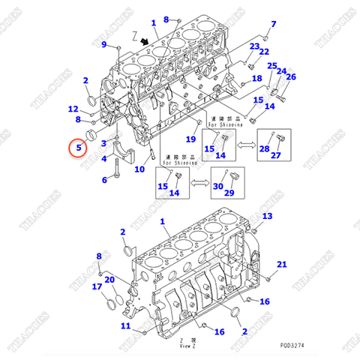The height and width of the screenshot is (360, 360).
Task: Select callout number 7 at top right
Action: point(273,23)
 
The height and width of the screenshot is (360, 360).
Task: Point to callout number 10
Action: point(139,169)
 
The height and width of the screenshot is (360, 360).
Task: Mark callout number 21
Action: point(282,264)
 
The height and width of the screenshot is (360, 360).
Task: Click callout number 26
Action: point(291,76)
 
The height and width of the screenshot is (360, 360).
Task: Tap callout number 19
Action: point(190,139)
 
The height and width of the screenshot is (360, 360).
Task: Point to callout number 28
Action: point(264,149)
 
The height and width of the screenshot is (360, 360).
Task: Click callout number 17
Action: point(97,286)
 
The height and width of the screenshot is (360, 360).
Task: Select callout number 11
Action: point(126,325)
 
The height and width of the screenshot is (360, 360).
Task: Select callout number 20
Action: point(110,280)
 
